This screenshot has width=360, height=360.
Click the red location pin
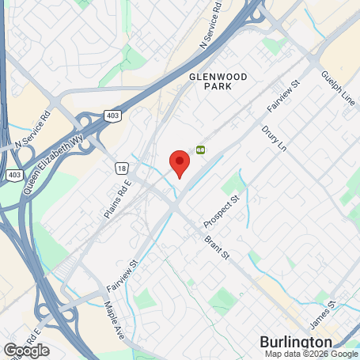coord(180,161)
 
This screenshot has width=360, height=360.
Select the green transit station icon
coord(201,148)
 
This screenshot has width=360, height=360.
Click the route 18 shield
coord(120,168)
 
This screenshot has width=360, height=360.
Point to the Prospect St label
coord(220,208)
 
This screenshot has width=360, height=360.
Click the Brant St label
coord(216,246)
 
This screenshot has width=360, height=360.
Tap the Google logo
coord(26,349)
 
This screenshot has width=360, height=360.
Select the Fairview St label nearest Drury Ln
coord(284,94)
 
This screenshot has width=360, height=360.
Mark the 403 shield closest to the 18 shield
coord(113,116)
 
